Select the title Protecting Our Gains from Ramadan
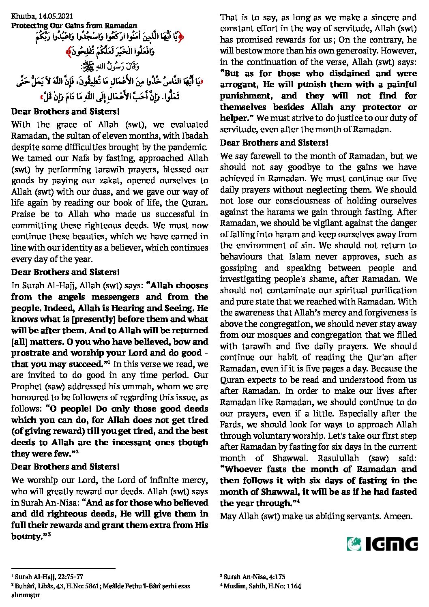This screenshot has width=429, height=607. (x=74, y=25)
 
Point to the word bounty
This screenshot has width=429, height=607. (x=28, y=536)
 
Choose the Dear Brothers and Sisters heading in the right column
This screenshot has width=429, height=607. (x=274, y=143)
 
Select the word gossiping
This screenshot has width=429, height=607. (x=238, y=268)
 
